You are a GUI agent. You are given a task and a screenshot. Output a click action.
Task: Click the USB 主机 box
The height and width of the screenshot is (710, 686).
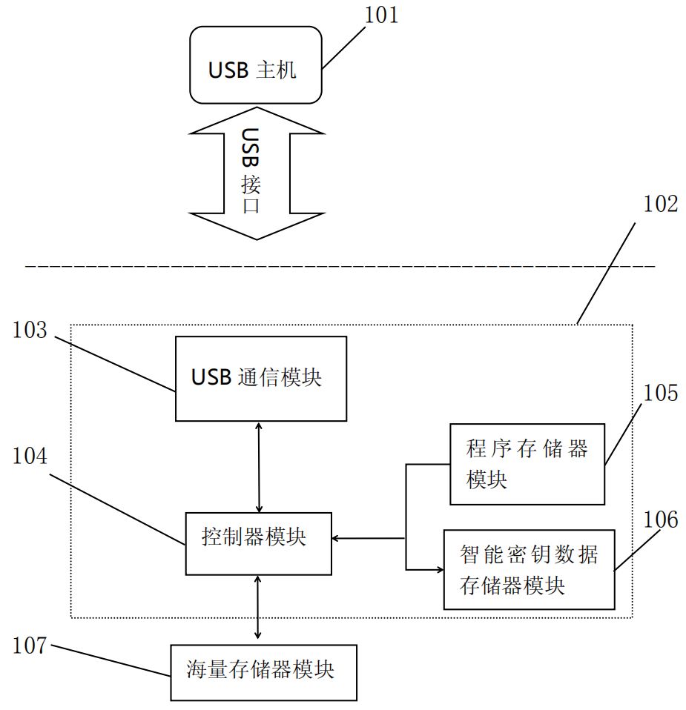pos(256,65)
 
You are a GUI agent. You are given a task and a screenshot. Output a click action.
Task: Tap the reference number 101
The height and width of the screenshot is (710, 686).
pos(380,14)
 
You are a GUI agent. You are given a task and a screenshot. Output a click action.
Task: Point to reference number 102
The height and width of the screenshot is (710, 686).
pos(660,204)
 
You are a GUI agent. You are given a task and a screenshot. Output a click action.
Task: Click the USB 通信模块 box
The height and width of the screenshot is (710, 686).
pos(261,379)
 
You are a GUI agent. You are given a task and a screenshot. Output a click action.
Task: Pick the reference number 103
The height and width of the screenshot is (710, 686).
pos(30,331)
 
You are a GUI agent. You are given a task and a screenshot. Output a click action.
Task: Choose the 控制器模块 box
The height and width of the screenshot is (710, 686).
pos(258,543)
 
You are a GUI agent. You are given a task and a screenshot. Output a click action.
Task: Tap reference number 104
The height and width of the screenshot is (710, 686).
pos(30,457)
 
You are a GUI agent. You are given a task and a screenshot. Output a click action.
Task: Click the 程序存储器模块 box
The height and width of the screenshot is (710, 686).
pos(527,464)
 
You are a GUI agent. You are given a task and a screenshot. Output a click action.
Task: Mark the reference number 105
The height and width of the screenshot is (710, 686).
pos(660,393)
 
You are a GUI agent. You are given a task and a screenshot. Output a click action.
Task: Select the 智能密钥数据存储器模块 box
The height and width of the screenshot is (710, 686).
pos(529,569)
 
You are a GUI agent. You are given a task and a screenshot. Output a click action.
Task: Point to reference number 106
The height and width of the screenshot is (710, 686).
pos(660,520)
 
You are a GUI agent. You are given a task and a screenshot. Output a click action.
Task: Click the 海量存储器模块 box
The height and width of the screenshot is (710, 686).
pos(263,672)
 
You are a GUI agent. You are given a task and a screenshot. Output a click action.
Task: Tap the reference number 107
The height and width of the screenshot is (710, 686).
pos(30,646)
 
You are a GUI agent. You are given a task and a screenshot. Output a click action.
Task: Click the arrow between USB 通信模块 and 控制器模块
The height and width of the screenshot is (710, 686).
pos(259,467)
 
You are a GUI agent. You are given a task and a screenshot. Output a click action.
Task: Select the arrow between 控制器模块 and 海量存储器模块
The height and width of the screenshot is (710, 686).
pos(257,607)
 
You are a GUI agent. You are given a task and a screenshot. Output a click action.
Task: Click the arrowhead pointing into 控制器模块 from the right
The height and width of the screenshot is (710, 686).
pos(337,538)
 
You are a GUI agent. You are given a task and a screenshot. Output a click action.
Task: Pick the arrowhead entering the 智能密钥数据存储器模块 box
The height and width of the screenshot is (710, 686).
pos(438,569)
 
